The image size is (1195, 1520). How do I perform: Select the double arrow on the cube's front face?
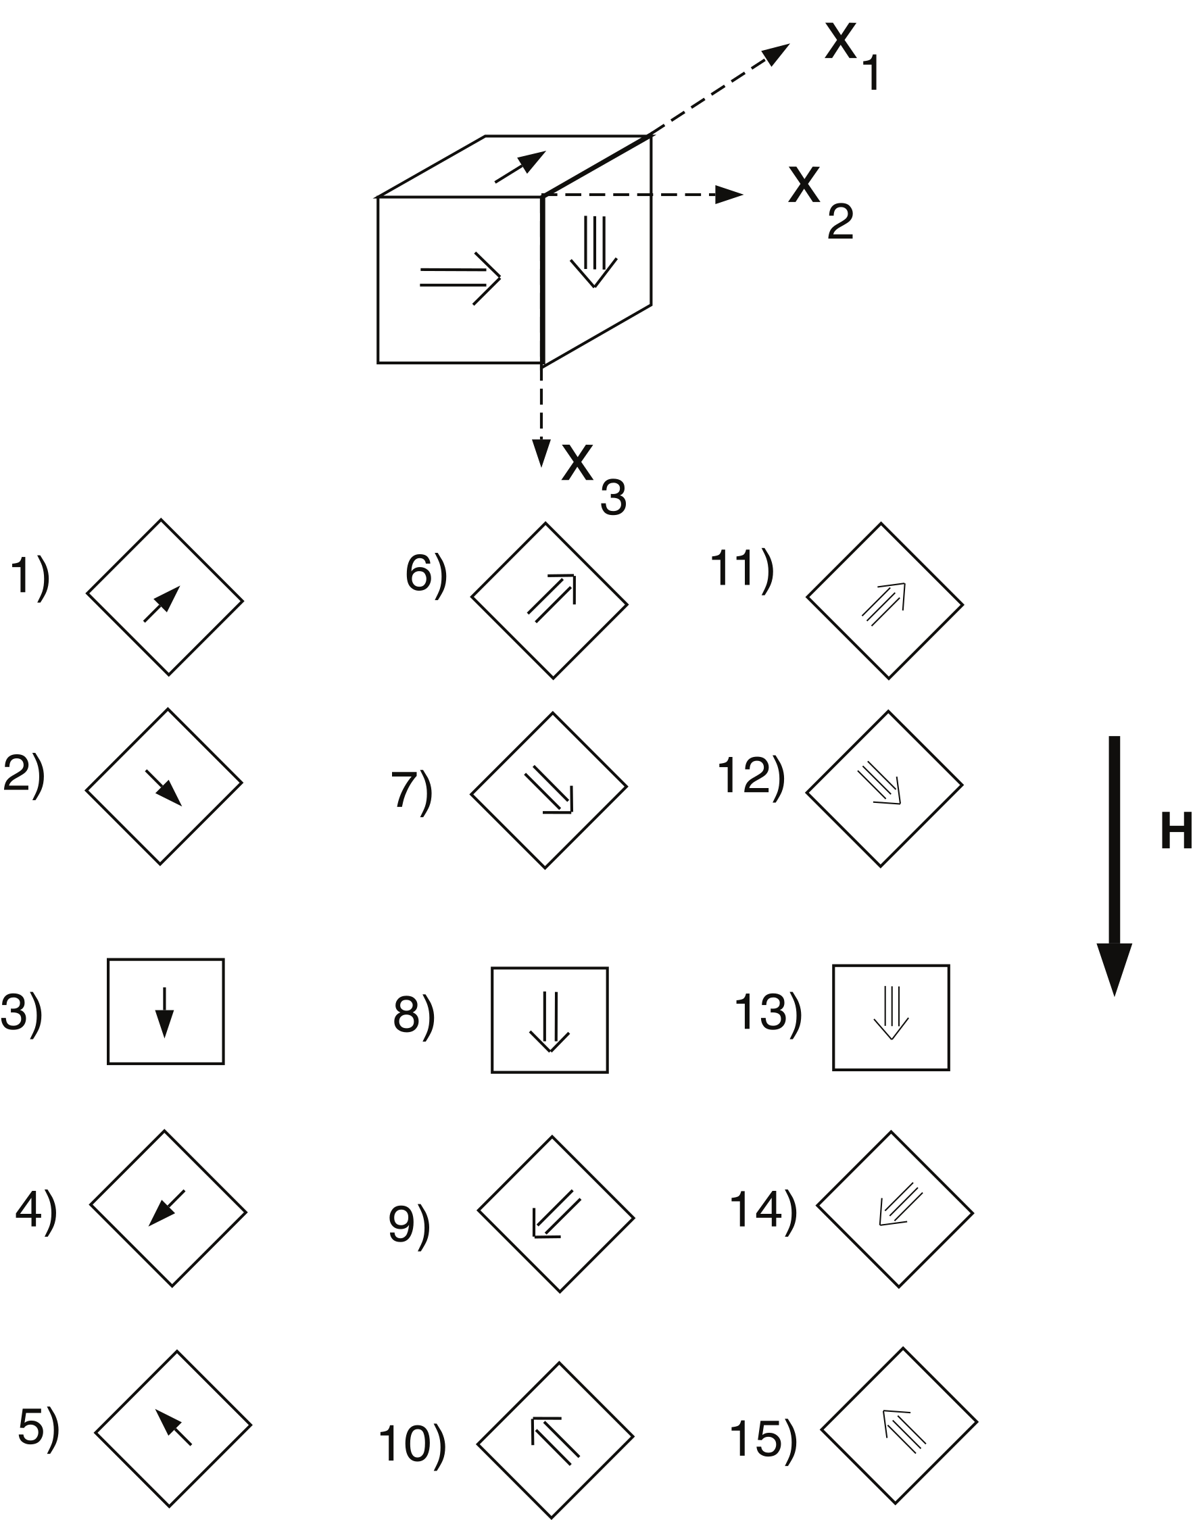pos(460,278)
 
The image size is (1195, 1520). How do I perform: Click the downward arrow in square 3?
pos(164,1012)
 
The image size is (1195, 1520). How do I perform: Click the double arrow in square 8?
pos(550,1021)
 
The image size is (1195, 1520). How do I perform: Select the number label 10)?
pos(412,1444)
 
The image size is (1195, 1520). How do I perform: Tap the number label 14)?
pos(763,1210)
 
